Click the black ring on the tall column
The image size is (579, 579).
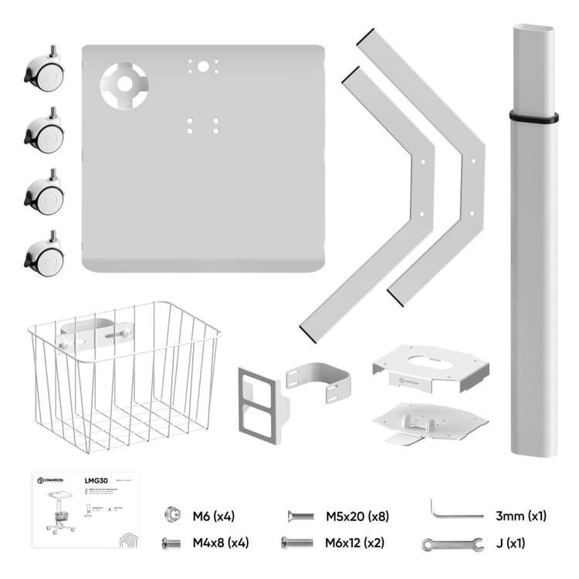[533, 117]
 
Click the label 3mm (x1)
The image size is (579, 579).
[521, 516]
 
